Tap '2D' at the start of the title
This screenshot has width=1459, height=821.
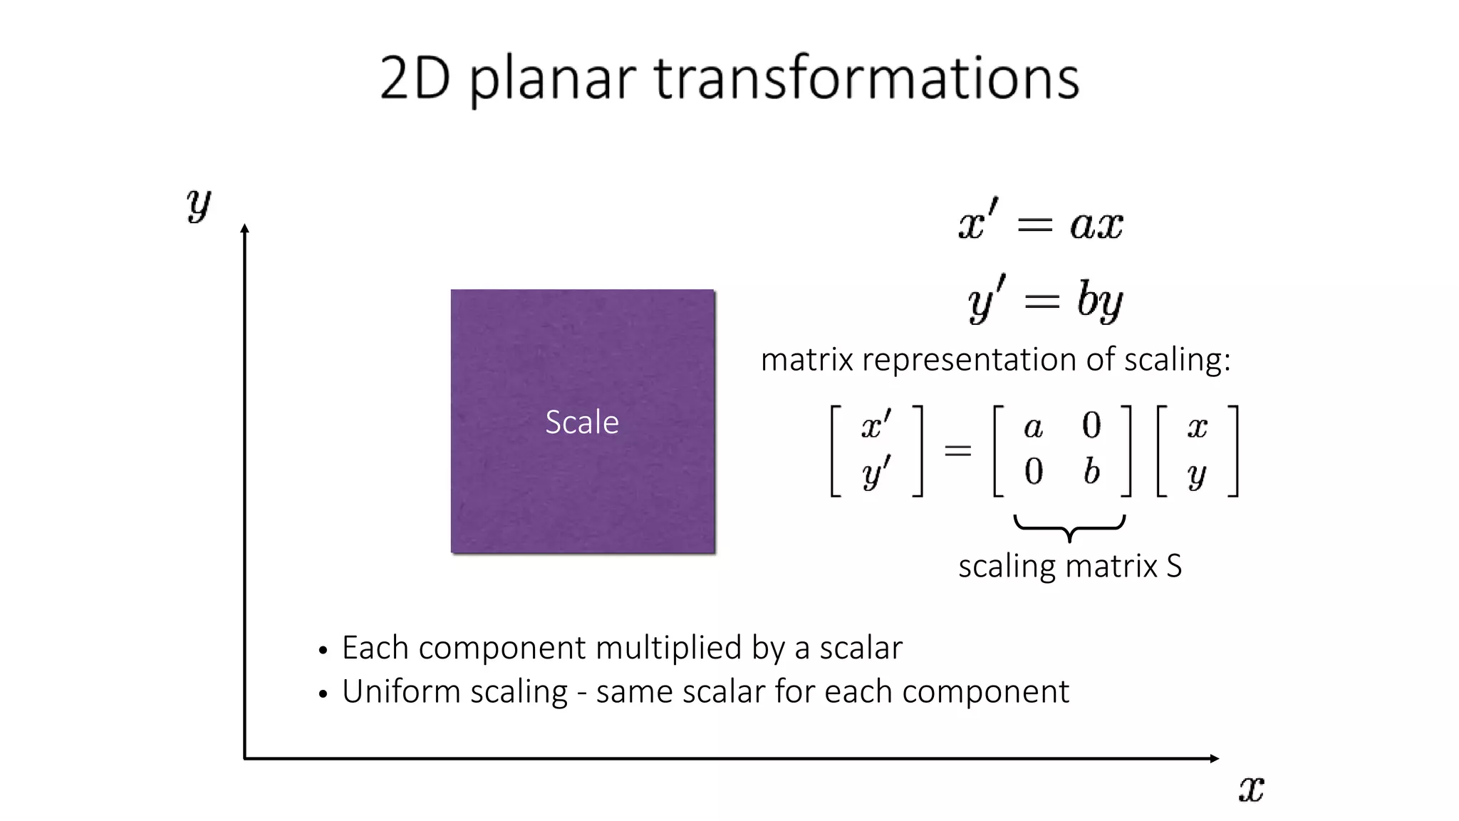(415, 78)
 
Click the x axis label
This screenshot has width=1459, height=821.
(1251, 789)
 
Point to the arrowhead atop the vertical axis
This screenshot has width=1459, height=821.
(244, 229)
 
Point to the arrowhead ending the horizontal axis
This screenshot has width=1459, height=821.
(1215, 758)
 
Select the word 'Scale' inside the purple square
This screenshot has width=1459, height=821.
(582, 422)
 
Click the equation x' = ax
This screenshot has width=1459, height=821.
(1041, 223)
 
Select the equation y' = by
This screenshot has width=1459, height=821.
(1045, 299)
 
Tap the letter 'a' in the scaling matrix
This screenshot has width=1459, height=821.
(1033, 427)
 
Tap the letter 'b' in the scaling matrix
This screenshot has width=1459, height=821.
(1091, 471)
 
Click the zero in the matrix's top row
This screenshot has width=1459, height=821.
(1091, 425)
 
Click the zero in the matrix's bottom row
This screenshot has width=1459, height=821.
(1034, 472)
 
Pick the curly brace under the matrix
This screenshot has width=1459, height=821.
(1069, 528)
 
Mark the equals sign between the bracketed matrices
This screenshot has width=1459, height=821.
(957, 450)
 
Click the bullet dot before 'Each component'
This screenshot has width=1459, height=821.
(323, 651)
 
